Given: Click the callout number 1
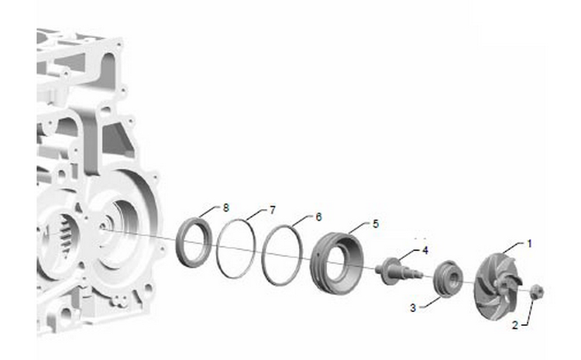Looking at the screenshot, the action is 530,244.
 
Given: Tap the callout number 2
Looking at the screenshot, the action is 515,325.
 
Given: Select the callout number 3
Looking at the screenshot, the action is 413,308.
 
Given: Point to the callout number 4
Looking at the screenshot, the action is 425,250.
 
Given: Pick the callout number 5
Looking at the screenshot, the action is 376,224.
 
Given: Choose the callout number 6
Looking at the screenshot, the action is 318,217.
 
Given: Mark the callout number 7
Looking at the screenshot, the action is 273,211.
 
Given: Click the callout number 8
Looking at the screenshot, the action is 226,207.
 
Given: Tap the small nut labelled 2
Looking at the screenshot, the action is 537,292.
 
